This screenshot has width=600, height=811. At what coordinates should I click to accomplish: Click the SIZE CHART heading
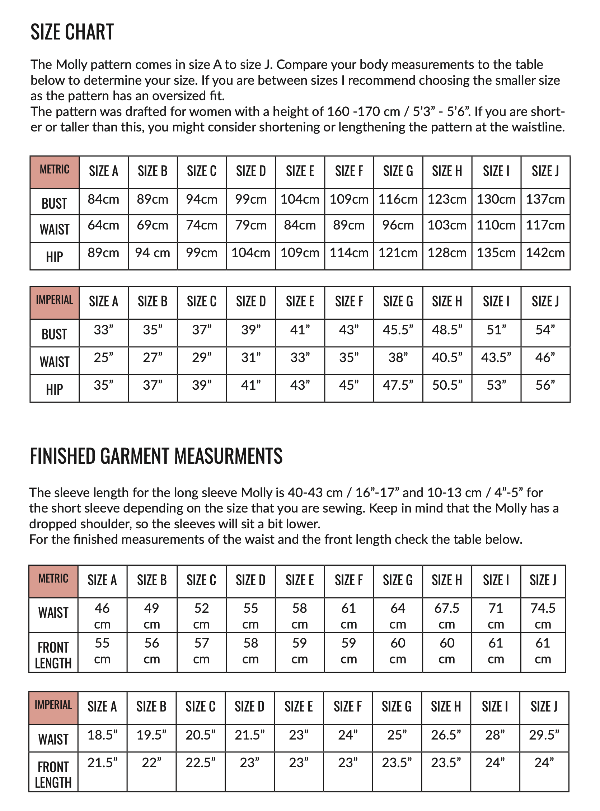point(72,32)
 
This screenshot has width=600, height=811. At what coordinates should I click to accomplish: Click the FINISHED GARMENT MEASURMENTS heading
point(156,456)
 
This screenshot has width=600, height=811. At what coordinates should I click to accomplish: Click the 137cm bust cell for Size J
point(545,199)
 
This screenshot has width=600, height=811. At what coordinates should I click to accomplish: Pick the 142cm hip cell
point(545,252)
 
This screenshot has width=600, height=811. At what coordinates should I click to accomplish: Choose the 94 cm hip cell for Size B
point(153,252)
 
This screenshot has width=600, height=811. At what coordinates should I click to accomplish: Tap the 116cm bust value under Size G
point(398,199)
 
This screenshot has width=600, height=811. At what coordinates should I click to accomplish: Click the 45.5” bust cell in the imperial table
point(398,330)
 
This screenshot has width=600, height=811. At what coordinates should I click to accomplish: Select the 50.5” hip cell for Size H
point(447,385)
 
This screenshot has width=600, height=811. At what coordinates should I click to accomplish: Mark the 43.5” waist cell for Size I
point(496,358)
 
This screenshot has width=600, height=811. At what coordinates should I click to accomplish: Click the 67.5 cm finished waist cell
point(447,616)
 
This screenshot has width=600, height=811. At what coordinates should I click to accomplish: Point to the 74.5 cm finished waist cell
point(543,616)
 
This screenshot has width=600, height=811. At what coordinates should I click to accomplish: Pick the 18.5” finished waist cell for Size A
point(102,735)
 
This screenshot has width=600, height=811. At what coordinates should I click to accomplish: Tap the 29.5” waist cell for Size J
point(544,735)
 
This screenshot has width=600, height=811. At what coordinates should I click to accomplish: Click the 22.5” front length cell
point(201,763)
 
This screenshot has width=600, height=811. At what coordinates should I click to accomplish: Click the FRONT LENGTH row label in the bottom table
point(53,775)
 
